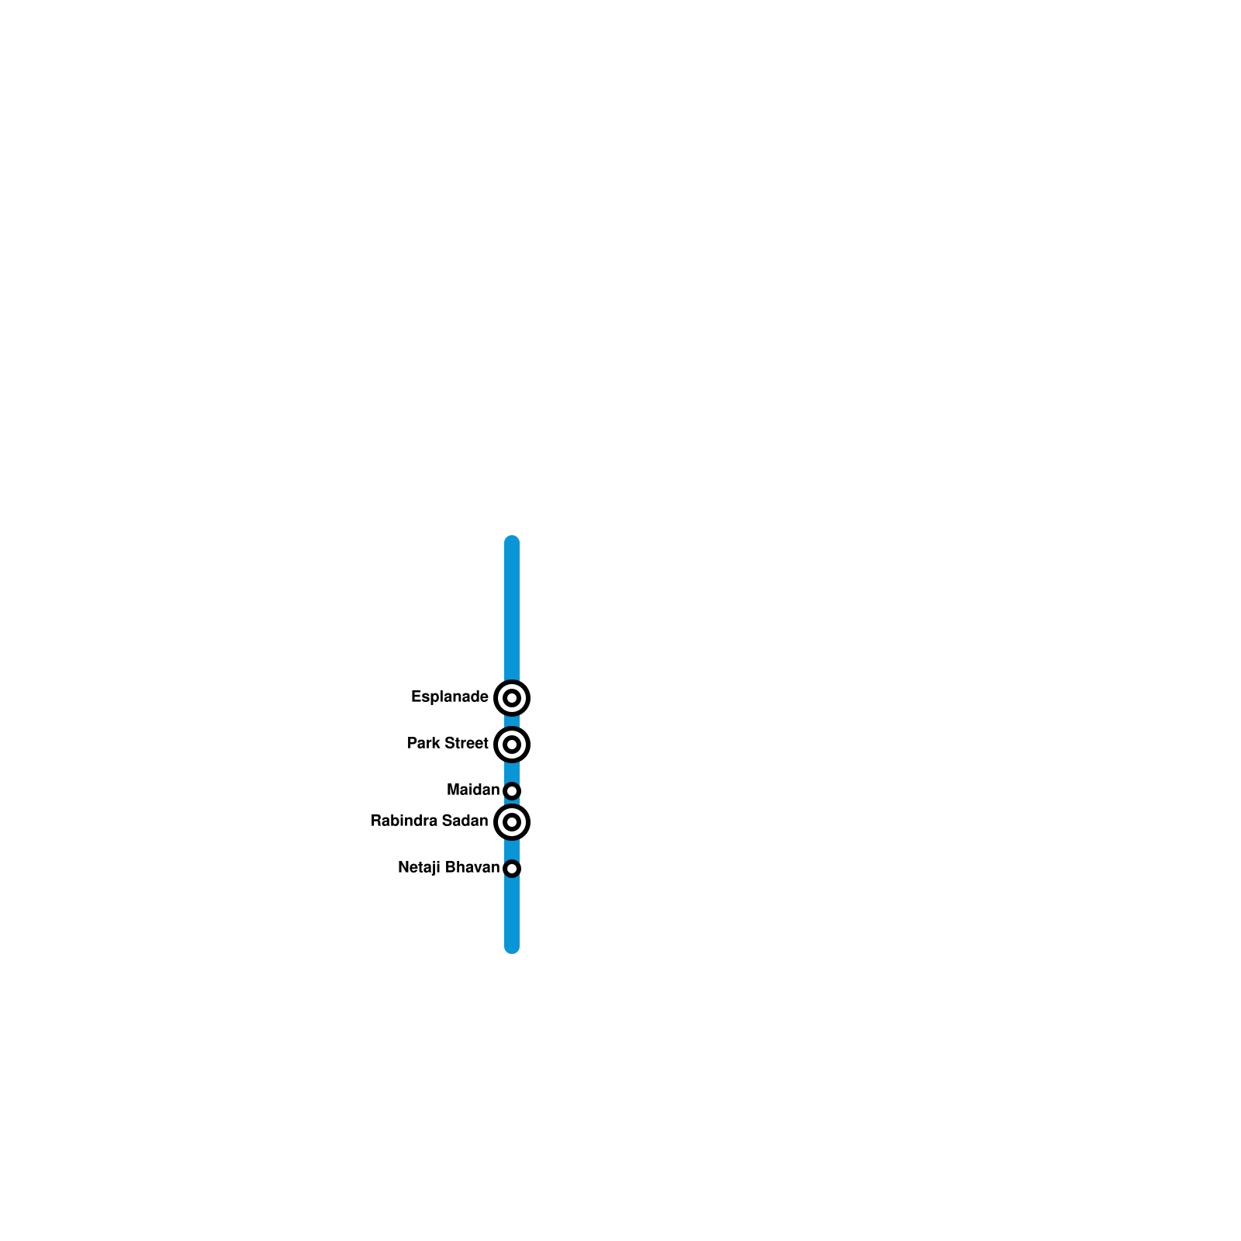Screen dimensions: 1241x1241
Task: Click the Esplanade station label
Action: pyautogui.click(x=449, y=697)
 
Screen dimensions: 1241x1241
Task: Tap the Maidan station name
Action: pyautogui.click(x=473, y=790)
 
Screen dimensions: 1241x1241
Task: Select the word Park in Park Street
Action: pyautogui.click(x=423, y=744)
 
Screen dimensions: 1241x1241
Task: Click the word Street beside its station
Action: pyautogui.click(x=465, y=744)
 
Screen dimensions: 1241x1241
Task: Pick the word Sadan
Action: pyautogui.click(x=465, y=821)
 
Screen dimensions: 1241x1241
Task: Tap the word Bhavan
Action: pyautogui.click(x=472, y=868)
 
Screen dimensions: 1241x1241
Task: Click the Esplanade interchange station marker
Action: pyautogui.click(x=512, y=698)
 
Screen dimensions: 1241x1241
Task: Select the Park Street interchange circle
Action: pyautogui.click(x=512, y=745)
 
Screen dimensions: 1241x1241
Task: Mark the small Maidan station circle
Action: pyautogui.click(x=512, y=791)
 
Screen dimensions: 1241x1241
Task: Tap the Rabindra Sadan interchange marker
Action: pyautogui.click(x=512, y=822)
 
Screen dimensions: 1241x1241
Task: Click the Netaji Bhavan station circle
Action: pyautogui.click(x=512, y=869)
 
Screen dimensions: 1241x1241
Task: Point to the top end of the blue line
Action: pyautogui.click(x=512, y=541)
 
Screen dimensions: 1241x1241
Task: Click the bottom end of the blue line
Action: pyautogui.click(x=512, y=947)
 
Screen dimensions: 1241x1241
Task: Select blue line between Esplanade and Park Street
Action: pyautogui.click(x=512, y=721)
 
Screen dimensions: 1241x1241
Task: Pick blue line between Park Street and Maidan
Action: pyautogui.click(x=512, y=772)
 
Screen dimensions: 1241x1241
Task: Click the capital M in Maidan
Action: pyautogui.click(x=453, y=790)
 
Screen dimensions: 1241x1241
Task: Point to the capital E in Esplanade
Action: pyautogui.click(x=415, y=697)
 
